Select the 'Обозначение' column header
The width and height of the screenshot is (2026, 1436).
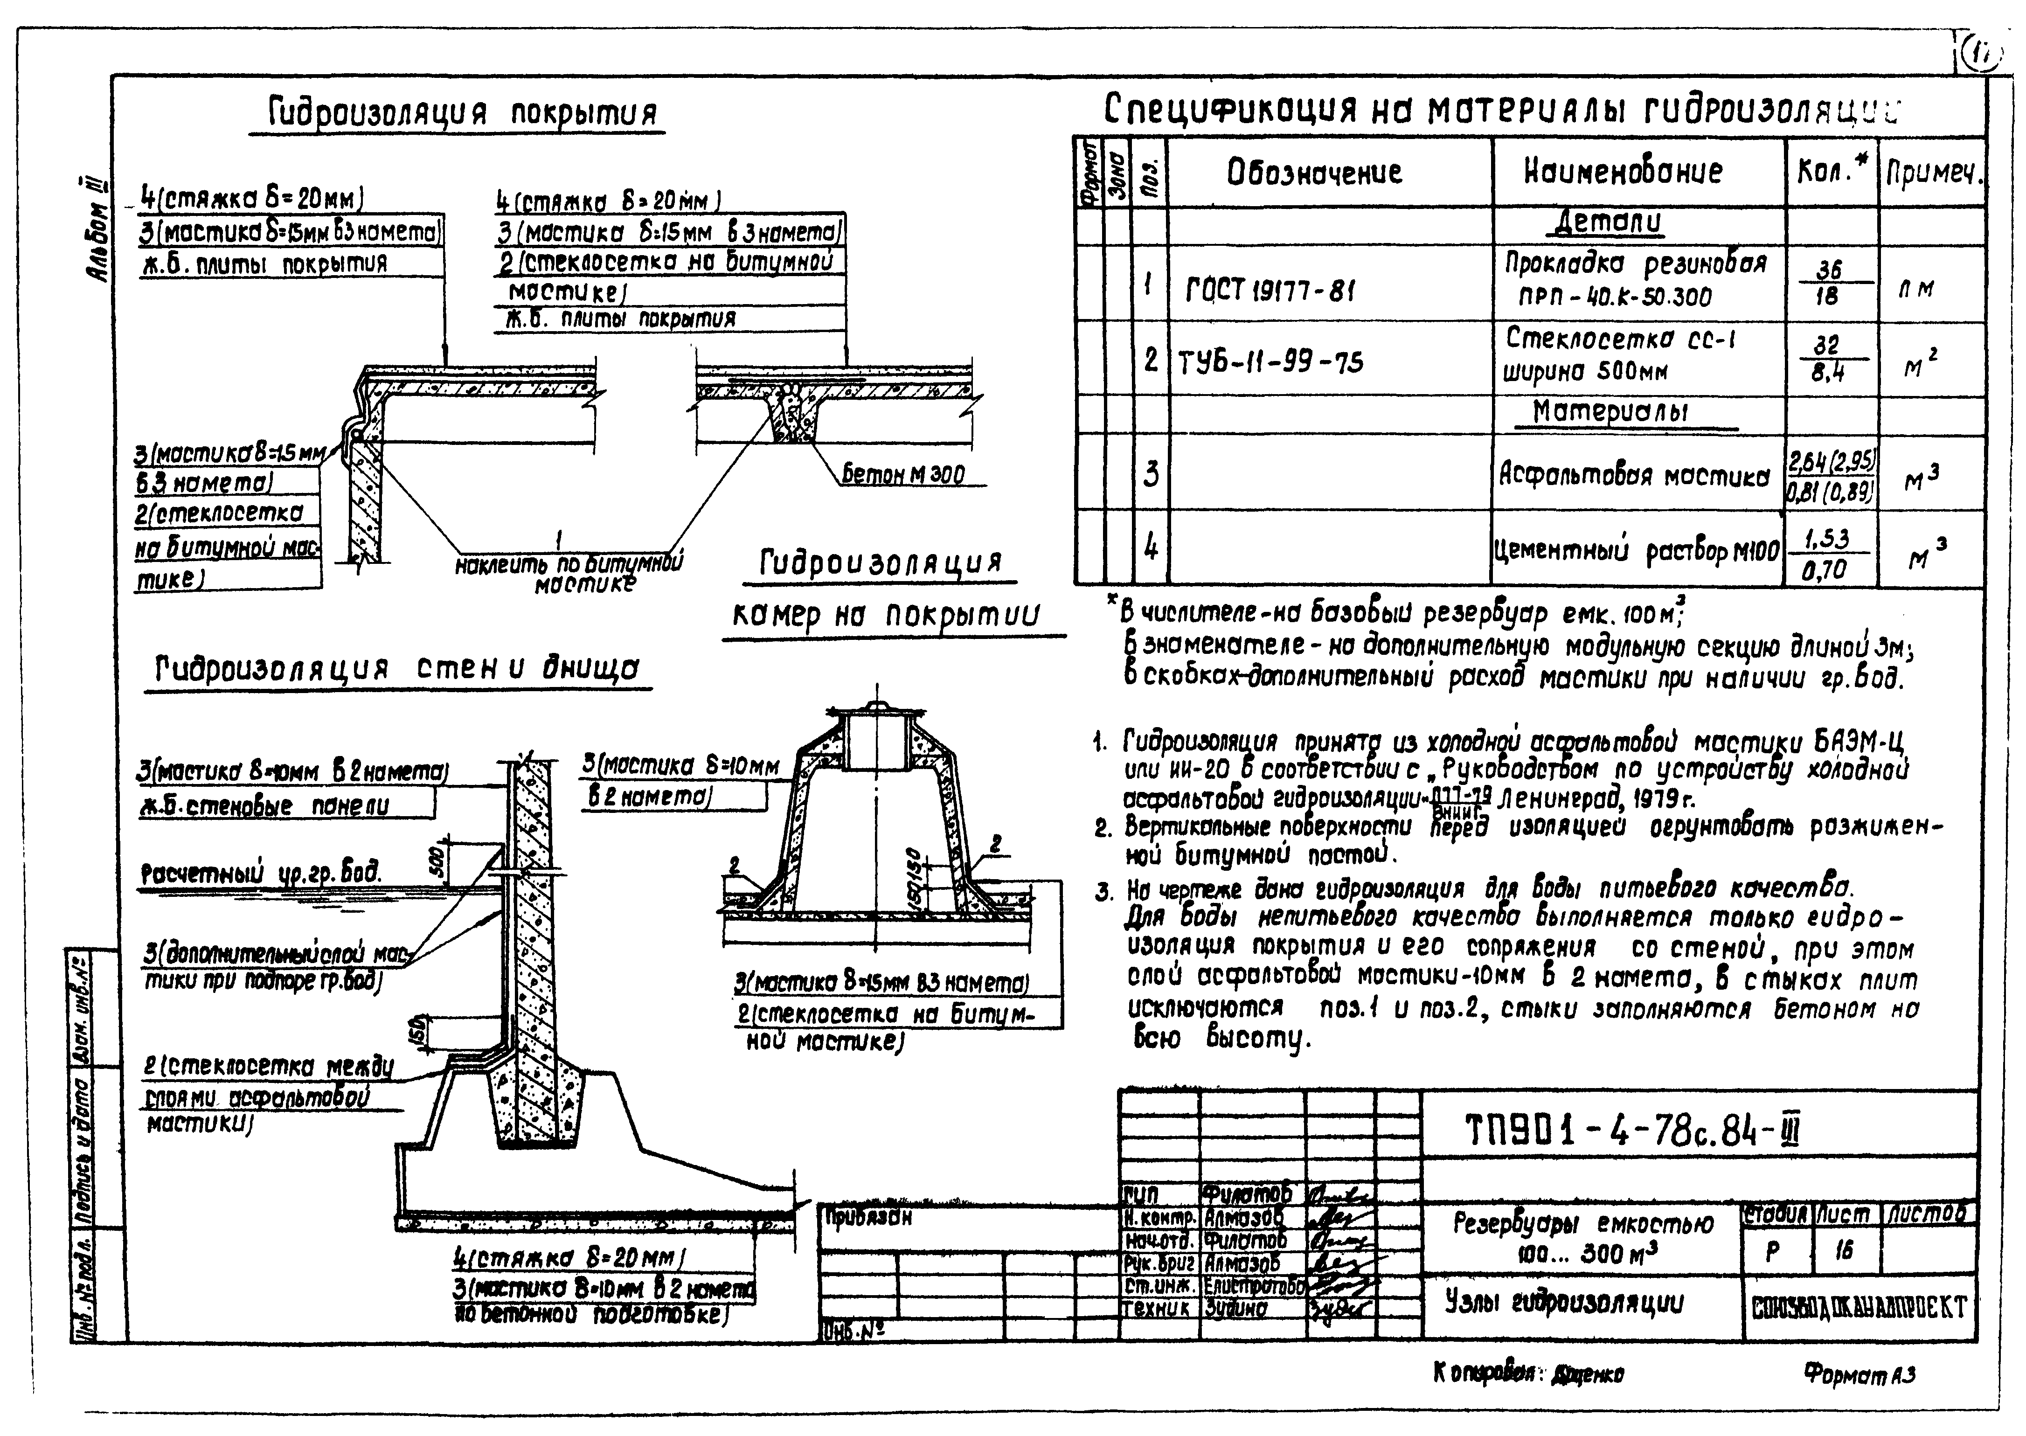point(1314,172)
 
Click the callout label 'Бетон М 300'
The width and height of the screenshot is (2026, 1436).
point(902,475)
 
